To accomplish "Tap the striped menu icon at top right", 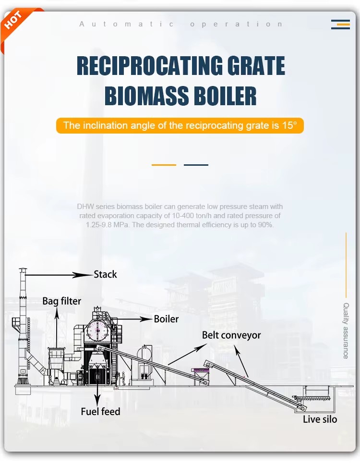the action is click(x=340, y=25).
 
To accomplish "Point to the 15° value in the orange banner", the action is click(x=289, y=125).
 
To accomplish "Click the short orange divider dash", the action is click(x=164, y=165).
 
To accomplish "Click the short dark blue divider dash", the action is click(x=196, y=165).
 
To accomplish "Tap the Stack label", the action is click(x=105, y=274).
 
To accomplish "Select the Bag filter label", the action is click(x=62, y=301).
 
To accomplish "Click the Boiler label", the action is click(x=166, y=319).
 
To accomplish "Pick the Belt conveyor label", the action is click(x=231, y=335).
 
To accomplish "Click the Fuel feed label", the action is click(x=100, y=412).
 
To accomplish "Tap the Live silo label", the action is click(x=320, y=419).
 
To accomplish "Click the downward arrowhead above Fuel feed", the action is click(x=97, y=399).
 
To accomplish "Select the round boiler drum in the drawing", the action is click(x=97, y=331).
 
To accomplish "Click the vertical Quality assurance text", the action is click(x=346, y=331).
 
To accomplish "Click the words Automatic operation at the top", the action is click(x=180, y=24).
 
